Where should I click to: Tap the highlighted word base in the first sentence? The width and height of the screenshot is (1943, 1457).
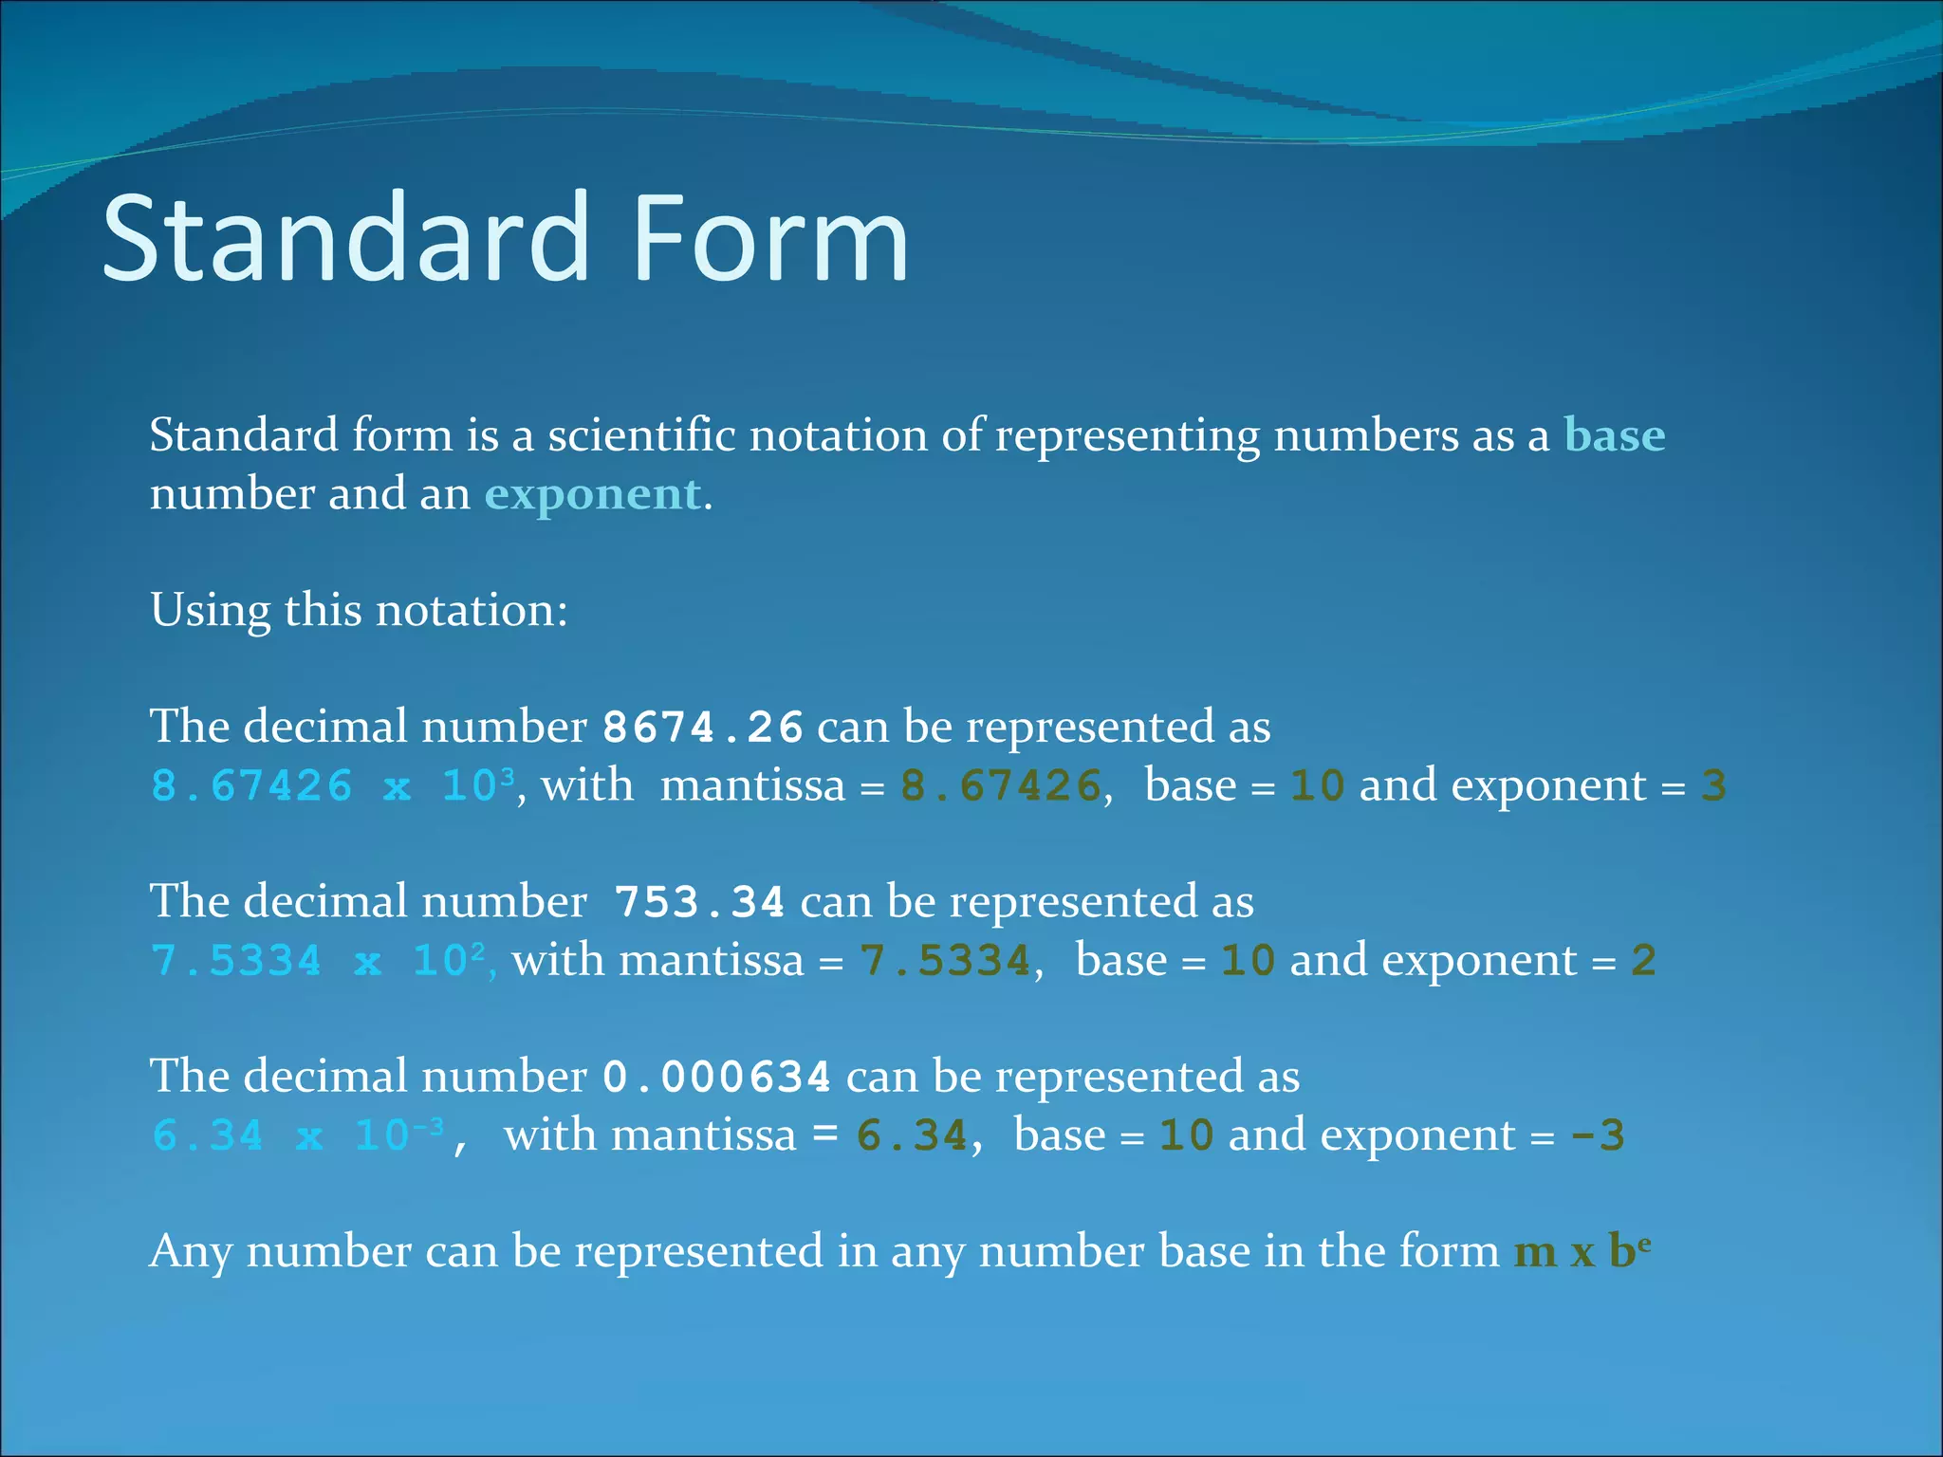point(1614,435)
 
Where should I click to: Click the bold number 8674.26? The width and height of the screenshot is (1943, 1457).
point(703,728)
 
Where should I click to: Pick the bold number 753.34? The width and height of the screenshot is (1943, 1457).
point(699,902)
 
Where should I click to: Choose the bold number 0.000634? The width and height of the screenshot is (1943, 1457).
point(717,1078)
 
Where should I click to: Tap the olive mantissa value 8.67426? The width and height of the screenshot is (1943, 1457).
point(1000,786)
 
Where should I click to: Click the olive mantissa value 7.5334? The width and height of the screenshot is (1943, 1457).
point(945,961)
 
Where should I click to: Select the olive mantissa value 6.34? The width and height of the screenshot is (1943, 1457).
point(911,1135)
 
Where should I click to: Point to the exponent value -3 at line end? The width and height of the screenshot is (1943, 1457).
point(1598,1135)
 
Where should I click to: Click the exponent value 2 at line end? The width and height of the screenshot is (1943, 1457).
point(1643,961)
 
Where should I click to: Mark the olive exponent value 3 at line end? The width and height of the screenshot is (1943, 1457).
point(1712,786)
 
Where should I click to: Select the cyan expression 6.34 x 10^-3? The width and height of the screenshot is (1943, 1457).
point(297,1135)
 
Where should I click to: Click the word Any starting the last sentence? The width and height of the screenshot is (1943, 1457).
point(191,1251)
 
